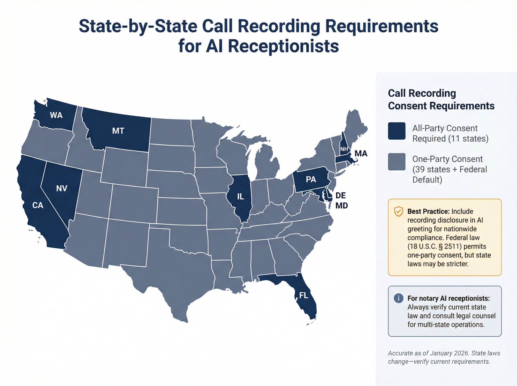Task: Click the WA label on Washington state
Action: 56,115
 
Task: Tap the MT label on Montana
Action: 118,131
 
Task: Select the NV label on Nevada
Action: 62,188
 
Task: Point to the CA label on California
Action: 38,205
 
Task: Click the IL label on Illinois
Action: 240,197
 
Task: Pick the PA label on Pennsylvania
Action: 311,179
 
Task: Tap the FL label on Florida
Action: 303,295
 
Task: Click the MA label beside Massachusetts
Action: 361,154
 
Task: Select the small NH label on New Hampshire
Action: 344,149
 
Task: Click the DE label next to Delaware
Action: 340,195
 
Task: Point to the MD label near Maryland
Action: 341,206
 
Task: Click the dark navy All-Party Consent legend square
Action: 397,131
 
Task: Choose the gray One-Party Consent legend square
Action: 397,162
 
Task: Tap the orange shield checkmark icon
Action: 398,211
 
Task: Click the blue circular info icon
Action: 398,298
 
